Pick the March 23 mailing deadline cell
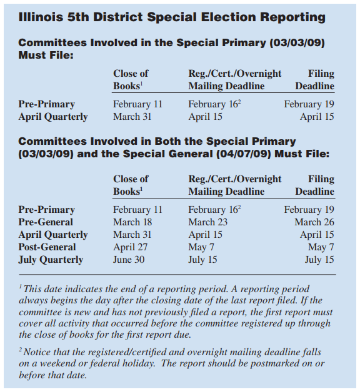208,222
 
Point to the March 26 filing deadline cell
314,222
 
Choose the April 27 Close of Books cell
131,247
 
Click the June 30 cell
129,260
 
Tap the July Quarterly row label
51,260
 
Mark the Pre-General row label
46,222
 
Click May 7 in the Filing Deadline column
321,247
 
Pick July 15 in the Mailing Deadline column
202,260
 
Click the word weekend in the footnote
46,364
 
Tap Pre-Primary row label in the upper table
47,104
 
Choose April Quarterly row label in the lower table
53,235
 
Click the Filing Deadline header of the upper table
314,80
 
